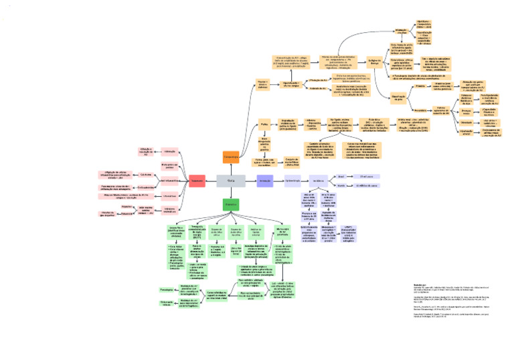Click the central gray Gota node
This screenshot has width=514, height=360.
point(230,181)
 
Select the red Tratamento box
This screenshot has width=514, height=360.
point(197,181)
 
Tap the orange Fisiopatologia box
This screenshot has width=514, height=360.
point(231,157)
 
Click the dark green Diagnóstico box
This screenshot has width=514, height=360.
point(231,205)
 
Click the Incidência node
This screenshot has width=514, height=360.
point(319,181)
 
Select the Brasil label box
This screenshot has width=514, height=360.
point(341,176)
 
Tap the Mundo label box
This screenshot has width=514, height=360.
point(341,185)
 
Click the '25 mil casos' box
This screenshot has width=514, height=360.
point(375,176)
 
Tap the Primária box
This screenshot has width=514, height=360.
point(420,86)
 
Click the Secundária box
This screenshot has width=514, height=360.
point(420,110)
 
